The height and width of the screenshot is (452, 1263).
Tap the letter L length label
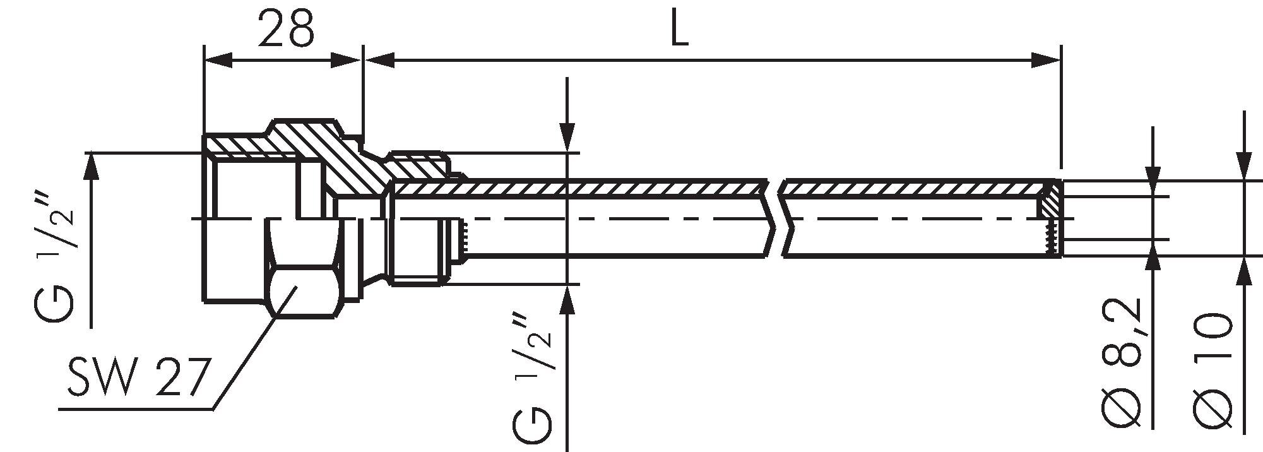679,29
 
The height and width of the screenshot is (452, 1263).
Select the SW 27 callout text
138,378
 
